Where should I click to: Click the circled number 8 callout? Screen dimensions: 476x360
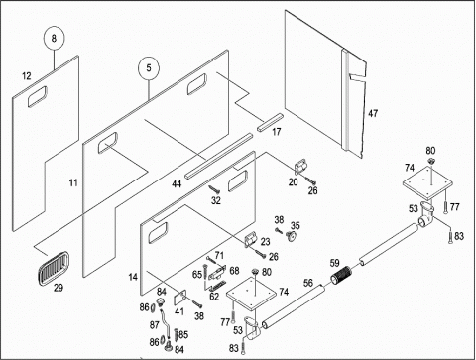(54, 39)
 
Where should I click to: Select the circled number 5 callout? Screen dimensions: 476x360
(149, 68)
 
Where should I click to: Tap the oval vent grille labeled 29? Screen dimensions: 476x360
(54, 268)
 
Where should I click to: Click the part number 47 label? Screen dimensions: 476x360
(373, 113)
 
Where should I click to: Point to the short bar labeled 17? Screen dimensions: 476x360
(270, 123)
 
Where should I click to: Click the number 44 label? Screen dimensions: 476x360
(177, 184)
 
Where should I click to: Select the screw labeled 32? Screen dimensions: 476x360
(214, 189)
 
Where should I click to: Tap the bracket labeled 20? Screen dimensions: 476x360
(300, 166)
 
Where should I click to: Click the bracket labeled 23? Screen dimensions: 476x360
(250, 239)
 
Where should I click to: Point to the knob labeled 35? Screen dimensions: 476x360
(291, 236)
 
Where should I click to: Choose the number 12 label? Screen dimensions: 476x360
(27, 76)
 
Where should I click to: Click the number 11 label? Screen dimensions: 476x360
(73, 182)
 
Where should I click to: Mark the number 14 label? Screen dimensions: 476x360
(133, 277)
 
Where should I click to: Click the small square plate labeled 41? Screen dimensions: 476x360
(180, 298)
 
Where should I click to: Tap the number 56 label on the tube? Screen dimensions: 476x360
(308, 283)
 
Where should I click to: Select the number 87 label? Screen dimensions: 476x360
(155, 325)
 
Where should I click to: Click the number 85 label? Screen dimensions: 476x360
(183, 335)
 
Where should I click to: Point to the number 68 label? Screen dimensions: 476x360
(234, 271)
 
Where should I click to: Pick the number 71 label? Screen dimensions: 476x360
(219, 255)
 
